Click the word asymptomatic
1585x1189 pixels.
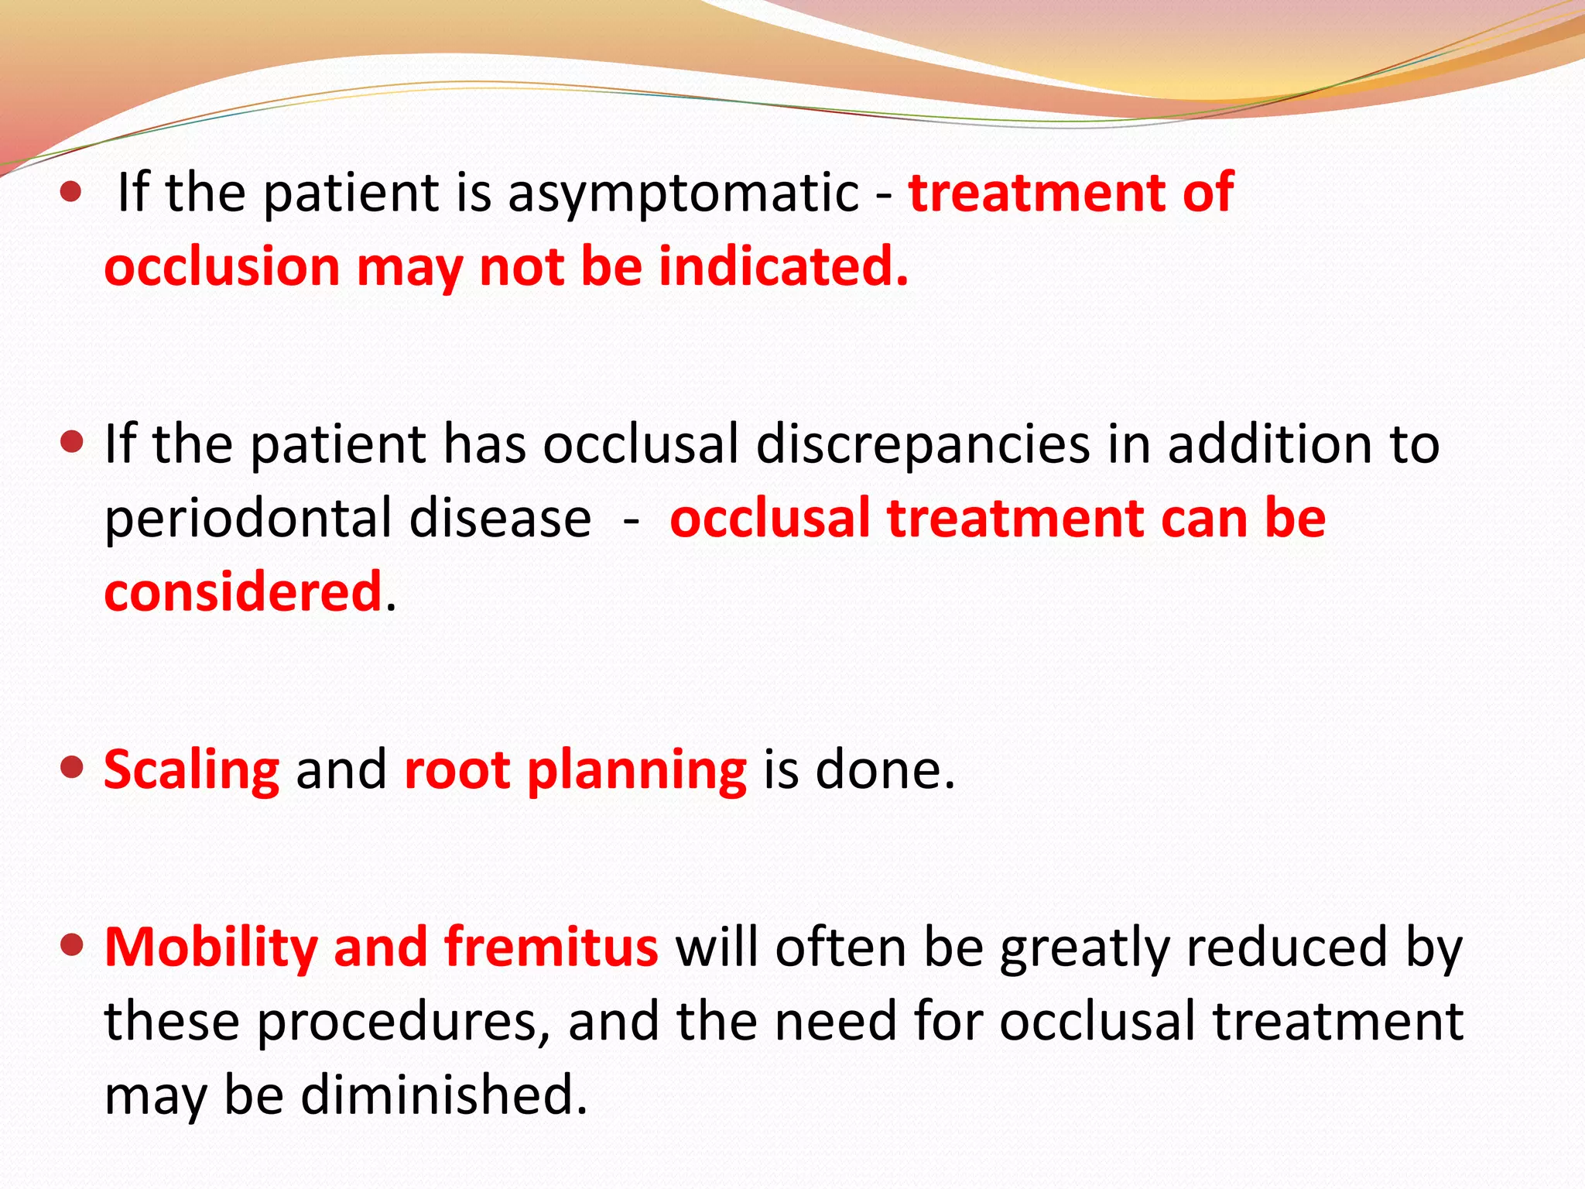[683, 194]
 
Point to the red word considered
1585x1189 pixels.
[243, 592]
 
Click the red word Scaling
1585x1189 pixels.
[191, 770]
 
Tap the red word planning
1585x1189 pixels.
[636, 772]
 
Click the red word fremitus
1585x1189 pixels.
[551, 947]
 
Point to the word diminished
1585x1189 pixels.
[443, 1095]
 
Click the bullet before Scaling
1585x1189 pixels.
[71, 768]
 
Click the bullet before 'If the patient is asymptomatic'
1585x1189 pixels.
[71, 191]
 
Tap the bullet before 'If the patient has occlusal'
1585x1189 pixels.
[71, 443]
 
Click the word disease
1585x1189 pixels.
[500, 519]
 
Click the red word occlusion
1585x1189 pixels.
[222, 267]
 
